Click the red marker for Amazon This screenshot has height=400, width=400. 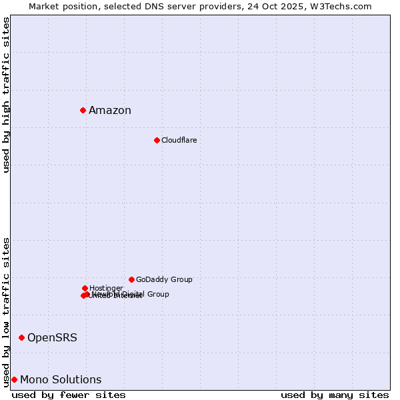click(83, 110)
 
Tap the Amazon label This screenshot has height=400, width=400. click(110, 111)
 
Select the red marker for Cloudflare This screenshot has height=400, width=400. click(157, 140)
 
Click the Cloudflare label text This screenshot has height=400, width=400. click(179, 141)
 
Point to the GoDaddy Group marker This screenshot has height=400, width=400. click(131, 279)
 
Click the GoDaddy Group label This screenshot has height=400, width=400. click(164, 280)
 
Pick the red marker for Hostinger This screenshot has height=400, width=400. click(85, 288)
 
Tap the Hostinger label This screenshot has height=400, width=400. click(106, 288)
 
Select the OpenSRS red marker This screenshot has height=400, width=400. click(21, 337)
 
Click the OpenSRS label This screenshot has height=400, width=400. click(52, 338)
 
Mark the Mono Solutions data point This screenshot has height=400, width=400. click(14, 379)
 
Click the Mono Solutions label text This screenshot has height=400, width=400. click(61, 380)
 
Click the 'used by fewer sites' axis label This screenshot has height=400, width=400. click(69, 395)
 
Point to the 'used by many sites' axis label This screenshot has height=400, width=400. click(335, 395)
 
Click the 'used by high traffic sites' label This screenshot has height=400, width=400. click(7, 95)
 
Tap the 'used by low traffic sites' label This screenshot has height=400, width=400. click(7, 312)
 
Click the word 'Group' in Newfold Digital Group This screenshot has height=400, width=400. click(157, 294)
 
